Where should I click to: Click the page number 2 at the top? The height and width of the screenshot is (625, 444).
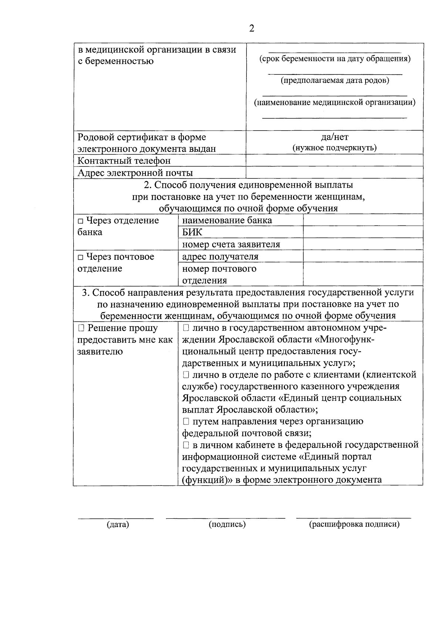252,28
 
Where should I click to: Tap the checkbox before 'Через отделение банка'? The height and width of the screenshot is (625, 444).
81,221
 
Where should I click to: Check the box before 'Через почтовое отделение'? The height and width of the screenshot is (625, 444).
81,257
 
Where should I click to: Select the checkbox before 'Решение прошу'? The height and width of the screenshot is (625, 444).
81,328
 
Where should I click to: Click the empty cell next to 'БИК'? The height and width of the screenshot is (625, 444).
363,232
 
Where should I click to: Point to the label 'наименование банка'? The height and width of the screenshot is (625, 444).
227,221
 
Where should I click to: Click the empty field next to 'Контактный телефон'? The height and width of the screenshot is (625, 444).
334,160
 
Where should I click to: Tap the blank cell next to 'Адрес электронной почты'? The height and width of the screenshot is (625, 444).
334,172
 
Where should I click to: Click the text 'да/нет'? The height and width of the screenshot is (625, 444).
334,137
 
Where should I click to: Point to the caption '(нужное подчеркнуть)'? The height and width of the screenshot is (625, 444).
334,148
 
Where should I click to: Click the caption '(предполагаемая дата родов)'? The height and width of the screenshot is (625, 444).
334,80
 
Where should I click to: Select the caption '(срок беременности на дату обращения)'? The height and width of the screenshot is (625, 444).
334,59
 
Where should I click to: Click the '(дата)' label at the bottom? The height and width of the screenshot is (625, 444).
118,524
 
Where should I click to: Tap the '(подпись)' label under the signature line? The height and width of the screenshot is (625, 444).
227,524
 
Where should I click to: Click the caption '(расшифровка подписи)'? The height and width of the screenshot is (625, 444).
354,524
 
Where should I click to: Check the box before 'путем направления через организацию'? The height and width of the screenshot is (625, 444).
186,421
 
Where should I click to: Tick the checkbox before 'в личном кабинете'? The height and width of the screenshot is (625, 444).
186,445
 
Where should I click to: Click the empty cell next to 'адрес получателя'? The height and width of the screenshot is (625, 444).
363,256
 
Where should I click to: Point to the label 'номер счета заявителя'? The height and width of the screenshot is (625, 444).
231,244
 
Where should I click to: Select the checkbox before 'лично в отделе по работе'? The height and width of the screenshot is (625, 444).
186,375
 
